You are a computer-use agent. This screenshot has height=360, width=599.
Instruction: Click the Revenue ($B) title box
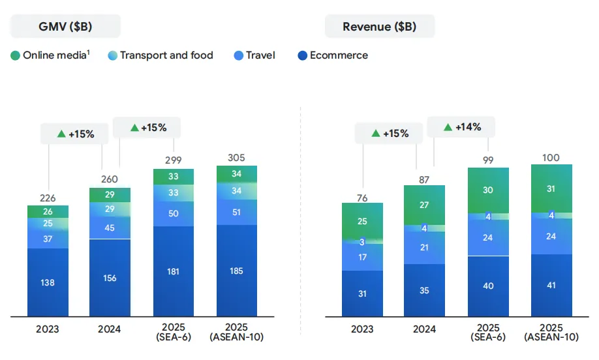(x=379, y=27)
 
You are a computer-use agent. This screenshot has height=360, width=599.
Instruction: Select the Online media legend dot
(x=16, y=55)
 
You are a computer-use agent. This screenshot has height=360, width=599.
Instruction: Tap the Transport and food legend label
(x=166, y=55)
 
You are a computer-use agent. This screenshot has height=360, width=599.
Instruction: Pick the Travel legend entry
(x=260, y=55)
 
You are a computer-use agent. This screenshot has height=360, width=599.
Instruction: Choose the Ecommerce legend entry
(x=339, y=55)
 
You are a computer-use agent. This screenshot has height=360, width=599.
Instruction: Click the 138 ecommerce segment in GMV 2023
(x=48, y=283)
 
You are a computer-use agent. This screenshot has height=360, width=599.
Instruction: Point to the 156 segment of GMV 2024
(x=110, y=278)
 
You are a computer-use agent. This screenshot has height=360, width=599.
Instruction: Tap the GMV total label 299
(x=174, y=159)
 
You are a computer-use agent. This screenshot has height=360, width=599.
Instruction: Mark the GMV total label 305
(x=237, y=157)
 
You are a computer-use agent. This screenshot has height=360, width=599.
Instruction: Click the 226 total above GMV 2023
(x=48, y=196)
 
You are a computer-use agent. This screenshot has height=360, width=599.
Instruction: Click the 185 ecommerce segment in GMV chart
(x=237, y=271)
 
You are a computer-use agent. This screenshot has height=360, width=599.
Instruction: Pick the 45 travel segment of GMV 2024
(x=110, y=228)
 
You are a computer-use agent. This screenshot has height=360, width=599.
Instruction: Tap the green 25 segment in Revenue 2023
(x=362, y=221)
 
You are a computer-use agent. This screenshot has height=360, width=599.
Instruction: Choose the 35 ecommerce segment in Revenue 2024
(x=425, y=291)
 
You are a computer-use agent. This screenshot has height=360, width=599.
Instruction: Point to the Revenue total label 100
(x=551, y=157)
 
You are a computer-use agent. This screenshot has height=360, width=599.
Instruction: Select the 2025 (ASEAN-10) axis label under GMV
(x=237, y=331)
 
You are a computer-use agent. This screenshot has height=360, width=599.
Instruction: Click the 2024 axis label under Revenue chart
(x=425, y=329)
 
